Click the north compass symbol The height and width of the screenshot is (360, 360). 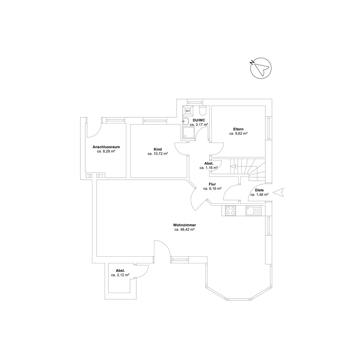pyautogui.click(x=261, y=68)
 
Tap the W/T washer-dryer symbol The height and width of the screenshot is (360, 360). pyautogui.click(x=188, y=111)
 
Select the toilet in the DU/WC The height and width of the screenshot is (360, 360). pyautogui.click(x=203, y=111)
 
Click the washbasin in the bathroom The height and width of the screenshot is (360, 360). pyautogui.click(x=186, y=121)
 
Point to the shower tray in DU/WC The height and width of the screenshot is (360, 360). pyautogui.click(x=188, y=133)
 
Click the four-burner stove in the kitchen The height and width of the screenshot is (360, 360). pyautogui.click(x=230, y=211)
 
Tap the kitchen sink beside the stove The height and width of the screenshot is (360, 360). pyautogui.click(x=253, y=211)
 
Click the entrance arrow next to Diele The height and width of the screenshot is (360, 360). pyautogui.click(x=278, y=192)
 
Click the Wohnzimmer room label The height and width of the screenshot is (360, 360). pyautogui.click(x=184, y=225)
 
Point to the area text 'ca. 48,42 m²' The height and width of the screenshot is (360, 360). pyautogui.click(x=184, y=229)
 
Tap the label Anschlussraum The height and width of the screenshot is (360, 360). pyautogui.click(x=106, y=147)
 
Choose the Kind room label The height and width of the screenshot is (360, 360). pyautogui.click(x=158, y=149)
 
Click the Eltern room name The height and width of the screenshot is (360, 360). pyautogui.click(x=238, y=129)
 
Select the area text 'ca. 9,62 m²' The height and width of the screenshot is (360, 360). pyautogui.click(x=238, y=133)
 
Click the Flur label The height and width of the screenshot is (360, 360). pyautogui.click(x=212, y=184)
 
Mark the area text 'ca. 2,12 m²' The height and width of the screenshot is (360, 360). pyautogui.click(x=120, y=275)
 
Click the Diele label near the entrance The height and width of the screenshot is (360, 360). pyautogui.click(x=259, y=190)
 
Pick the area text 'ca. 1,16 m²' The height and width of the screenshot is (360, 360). pyautogui.click(x=209, y=168)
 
